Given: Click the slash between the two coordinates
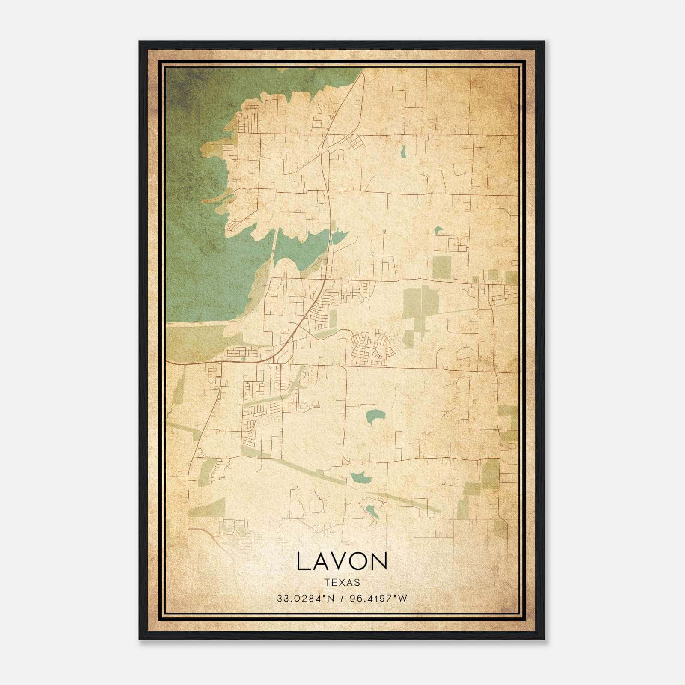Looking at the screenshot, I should [341, 598].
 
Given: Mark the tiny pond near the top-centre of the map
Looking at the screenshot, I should [402, 151].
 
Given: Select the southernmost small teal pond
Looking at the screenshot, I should [371, 510].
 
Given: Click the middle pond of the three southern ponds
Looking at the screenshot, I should [359, 477].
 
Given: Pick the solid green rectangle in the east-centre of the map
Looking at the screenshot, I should [442, 268].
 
